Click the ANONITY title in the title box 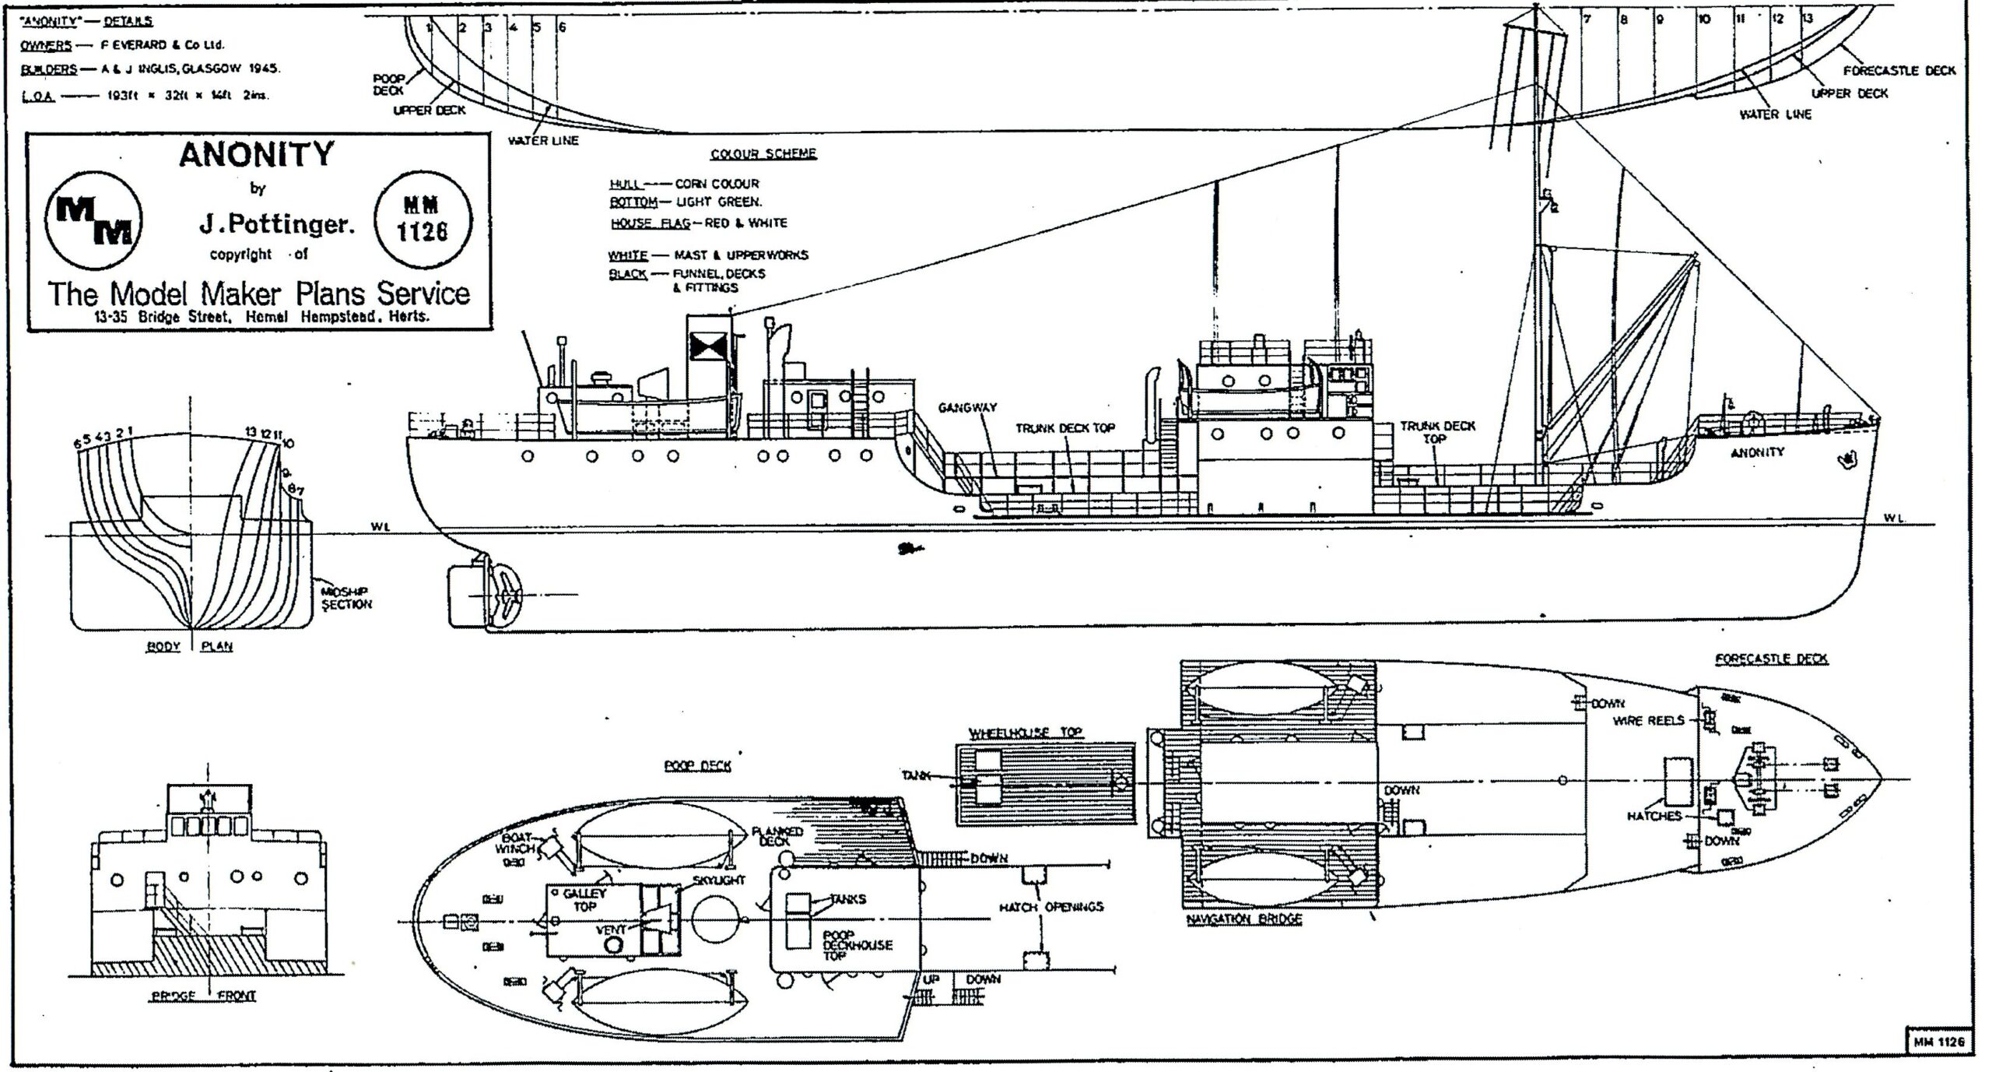tap(257, 154)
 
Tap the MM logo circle tap(94, 221)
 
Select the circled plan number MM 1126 tap(423, 220)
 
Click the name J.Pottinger tap(276, 225)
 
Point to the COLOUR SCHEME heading tap(763, 153)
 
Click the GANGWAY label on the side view tap(967, 407)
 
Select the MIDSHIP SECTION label tap(346, 598)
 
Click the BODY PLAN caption tap(191, 646)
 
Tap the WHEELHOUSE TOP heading tap(1025, 733)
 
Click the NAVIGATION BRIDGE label tap(1243, 919)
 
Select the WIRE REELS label tap(1649, 721)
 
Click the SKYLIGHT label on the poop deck tap(718, 880)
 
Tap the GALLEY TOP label tap(584, 900)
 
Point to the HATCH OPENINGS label tap(1051, 907)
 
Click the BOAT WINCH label tap(516, 844)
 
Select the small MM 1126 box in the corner tap(1939, 1040)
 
